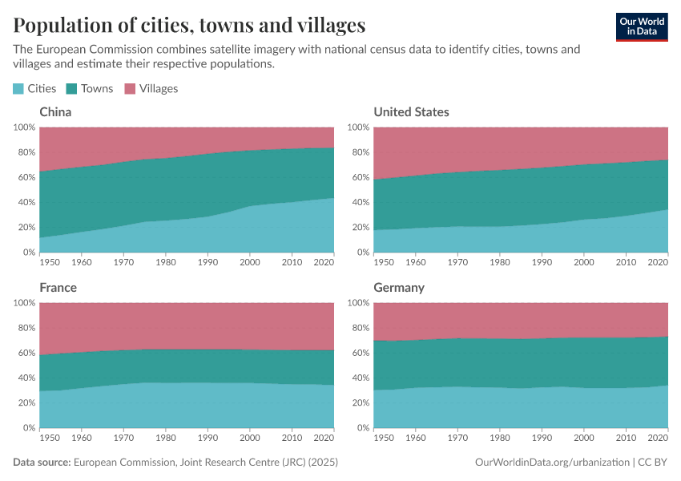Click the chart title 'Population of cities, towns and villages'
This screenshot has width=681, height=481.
(x=190, y=25)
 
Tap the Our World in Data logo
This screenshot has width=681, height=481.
(x=641, y=26)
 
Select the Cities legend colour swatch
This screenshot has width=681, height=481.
(x=18, y=89)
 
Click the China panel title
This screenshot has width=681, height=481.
(x=55, y=112)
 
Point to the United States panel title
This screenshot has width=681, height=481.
(x=411, y=112)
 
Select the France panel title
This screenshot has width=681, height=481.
(x=58, y=288)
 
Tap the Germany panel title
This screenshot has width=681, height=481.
(x=399, y=288)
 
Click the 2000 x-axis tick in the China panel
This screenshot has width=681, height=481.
(x=250, y=261)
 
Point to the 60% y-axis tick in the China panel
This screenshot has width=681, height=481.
(x=25, y=177)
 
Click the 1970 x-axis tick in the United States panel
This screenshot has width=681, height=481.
(x=457, y=261)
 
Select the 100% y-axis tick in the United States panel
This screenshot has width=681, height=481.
(x=357, y=127)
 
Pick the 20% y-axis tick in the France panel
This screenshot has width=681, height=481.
(x=25, y=403)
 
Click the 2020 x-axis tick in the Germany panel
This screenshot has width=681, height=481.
(x=657, y=437)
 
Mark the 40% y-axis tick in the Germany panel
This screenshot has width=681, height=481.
(x=359, y=378)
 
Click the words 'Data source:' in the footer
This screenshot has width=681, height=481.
(x=42, y=463)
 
